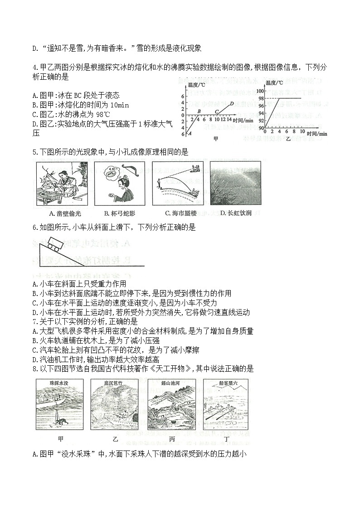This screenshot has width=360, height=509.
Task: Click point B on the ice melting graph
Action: (x=199, y=111)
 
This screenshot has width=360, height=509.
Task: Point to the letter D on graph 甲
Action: (x=232, y=103)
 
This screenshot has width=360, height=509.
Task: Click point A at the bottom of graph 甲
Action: (x=189, y=133)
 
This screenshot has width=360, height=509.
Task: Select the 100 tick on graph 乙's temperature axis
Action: (x=260, y=91)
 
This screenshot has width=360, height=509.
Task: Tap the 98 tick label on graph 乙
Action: (x=261, y=98)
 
